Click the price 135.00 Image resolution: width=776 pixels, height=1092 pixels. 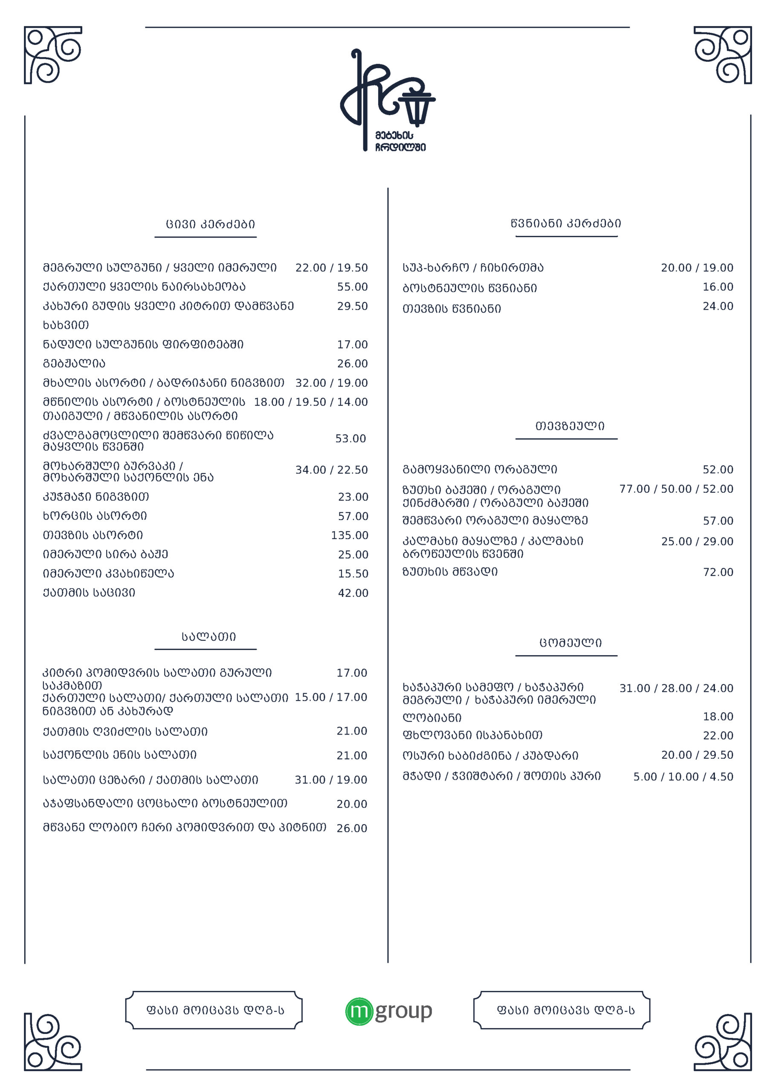pyautogui.click(x=349, y=535)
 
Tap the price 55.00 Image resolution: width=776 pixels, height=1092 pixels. pyautogui.click(x=352, y=287)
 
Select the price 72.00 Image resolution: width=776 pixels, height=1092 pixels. pyautogui.click(x=718, y=572)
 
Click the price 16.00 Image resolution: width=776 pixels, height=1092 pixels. pyautogui.click(x=718, y=287)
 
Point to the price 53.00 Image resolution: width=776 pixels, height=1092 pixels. pyautogui.click(x=350, y=439)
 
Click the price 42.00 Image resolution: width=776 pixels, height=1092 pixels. pyautogui.click(x=353, y=593)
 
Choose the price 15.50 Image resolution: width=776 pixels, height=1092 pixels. pyautogui.click(x=353, y=573)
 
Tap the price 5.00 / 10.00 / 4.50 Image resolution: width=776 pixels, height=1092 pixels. pyautogui.click(x=683, y=777)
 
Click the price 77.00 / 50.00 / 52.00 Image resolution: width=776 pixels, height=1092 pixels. pyautogui.click(x=676, y=489)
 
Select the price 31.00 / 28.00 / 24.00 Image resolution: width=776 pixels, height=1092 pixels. pyautogui.click(x=676, y=688)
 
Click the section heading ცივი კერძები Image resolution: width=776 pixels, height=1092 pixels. pyautogui.click(x=210, y=224)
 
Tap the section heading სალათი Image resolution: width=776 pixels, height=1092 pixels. pyautogui.click(x=208, y=636)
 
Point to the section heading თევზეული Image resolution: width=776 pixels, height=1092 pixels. pyautogui.click(x=570, y=426)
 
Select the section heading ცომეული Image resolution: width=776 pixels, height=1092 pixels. pyautogui.click(x=570, y=643)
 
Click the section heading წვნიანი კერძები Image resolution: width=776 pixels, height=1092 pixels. pyautogui.click(x=566, y=223)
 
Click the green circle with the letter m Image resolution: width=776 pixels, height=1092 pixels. pyautogui.click(x=359, y=1011)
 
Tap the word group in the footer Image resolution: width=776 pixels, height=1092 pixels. pyautogui.click(x=404, y=1011)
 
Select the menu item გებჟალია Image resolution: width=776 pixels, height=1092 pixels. pyautogui.click(x=74, y=364)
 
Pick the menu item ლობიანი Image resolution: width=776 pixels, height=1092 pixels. pyautogui.click(x=432, y=718)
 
